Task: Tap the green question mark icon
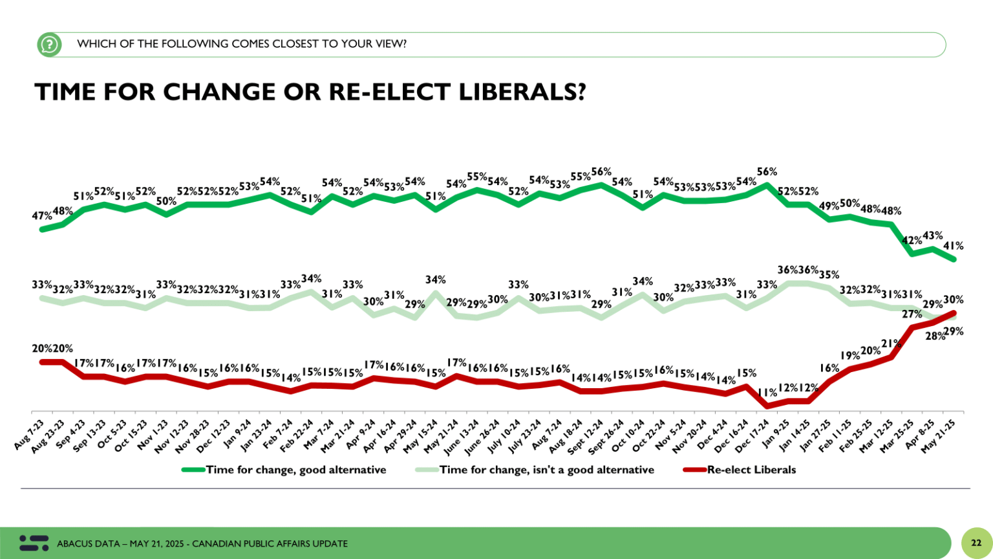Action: coord(49,44)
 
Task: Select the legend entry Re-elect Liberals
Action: coord(751,470)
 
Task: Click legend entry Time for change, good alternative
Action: coord(295,470)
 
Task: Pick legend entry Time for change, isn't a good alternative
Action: coord(546,470)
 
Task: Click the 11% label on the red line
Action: coord(767,392)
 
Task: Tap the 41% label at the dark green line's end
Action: coord(954,246)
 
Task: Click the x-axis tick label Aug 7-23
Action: coord(29,435)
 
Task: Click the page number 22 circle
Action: coord(977,543)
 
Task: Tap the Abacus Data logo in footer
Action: coord(34,543)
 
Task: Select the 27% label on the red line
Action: coord(912,314)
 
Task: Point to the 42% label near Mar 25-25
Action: coord(912,240)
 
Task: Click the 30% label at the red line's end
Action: coord(954,300)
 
